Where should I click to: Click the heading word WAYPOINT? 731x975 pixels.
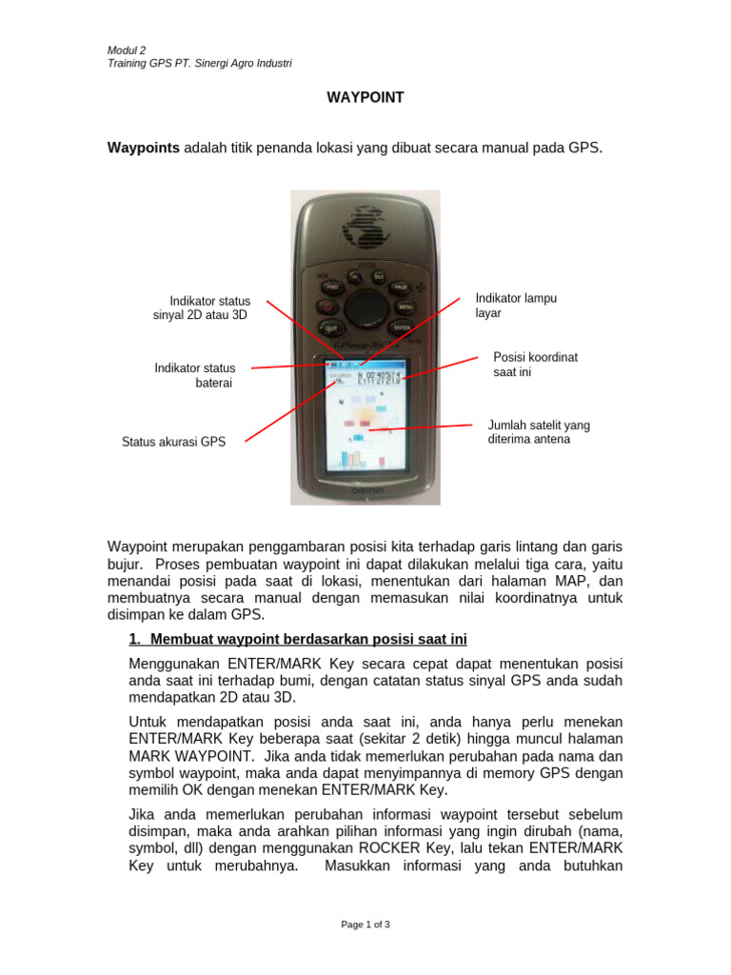tap(365, 97)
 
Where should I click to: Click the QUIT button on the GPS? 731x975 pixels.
tap(331, 328)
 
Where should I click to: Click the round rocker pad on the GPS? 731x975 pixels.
tap(365, 307)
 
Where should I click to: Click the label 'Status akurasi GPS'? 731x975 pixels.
tap(174, 442)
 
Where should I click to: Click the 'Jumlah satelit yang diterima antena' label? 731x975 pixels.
tap(539, 432)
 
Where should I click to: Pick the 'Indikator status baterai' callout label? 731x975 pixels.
tap(195, 375)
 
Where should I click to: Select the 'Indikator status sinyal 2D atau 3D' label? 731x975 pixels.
tap(202, 308)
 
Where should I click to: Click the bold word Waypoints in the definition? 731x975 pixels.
tap(144, 149)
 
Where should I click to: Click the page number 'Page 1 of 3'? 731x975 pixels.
tap(365, 924)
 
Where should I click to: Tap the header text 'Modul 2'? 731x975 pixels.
tap(127, 50)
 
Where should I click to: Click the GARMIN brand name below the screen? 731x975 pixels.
tap(365, 491)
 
